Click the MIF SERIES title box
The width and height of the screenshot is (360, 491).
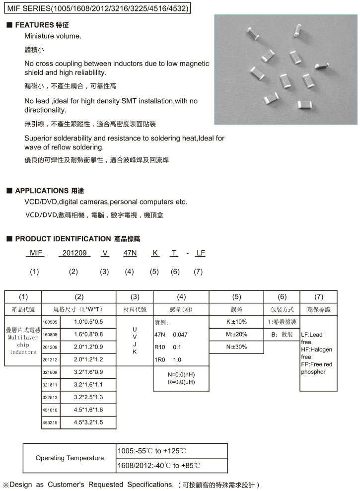pos(98,8)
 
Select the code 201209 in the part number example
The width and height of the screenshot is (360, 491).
pos(74,253)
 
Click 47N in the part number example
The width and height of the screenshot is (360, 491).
pos(130,253)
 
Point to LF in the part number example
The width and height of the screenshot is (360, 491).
pos(200,253)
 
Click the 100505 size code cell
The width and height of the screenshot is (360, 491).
pos(50,322)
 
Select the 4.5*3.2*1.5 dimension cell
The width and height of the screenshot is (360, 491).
pos(88,422)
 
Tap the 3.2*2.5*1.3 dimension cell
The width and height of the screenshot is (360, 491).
pos(88,397)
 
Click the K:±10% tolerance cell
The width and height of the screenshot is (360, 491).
pos(236,322)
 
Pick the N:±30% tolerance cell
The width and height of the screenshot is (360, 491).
pos(236,347)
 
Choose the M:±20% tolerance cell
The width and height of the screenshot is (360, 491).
pos(236,334)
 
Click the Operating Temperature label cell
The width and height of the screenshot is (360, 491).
pos(70,458)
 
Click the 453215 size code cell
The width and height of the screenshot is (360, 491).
pos(50,422)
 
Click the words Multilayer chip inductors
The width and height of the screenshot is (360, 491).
pos(23,345)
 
